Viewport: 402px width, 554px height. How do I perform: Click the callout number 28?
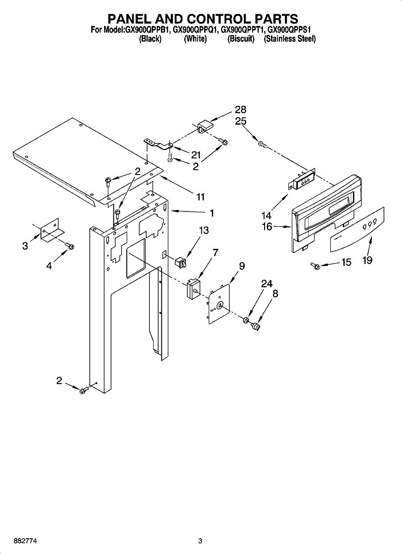tap(240, 109)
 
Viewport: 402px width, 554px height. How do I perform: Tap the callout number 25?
tap(240, 121)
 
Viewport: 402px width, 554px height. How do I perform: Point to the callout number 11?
tap(200, 197)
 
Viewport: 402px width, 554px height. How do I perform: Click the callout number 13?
tap(204, 230)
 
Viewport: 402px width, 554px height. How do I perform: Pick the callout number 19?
tap(367, 261)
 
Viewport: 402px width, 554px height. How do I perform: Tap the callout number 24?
tap(266, 284)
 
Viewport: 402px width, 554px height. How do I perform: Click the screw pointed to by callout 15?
tap(317, 266)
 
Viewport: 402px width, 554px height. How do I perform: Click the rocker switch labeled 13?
tap(180, 263)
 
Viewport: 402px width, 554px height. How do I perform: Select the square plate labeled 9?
tap(218, 303)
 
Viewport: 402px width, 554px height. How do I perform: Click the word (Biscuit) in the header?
tap(241, 39)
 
